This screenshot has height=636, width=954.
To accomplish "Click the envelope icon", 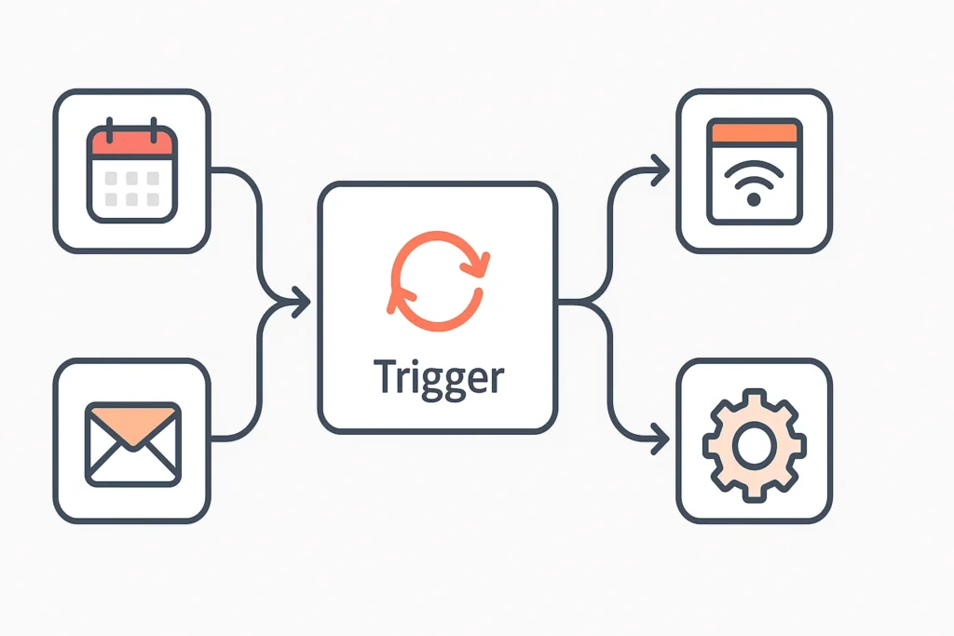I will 131,443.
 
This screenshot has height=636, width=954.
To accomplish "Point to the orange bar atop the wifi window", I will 754,132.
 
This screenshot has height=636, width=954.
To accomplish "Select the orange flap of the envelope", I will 131,423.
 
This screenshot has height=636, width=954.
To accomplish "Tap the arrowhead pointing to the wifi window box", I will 661,170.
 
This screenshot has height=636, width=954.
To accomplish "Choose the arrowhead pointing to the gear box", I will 661,436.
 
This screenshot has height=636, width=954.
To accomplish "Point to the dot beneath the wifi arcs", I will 754,199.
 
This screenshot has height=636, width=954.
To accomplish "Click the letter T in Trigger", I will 385,376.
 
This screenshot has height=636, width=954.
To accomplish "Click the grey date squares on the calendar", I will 131,188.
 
